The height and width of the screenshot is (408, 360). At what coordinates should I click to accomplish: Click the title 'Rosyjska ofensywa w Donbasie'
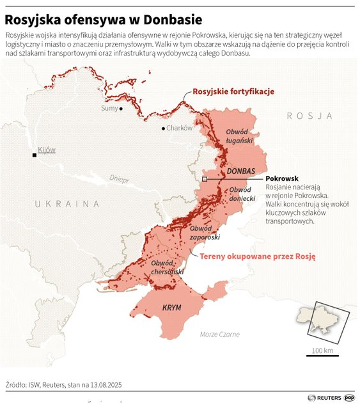(x=104, y=19)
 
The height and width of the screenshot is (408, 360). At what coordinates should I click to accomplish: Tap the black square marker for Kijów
(x=35, y=155)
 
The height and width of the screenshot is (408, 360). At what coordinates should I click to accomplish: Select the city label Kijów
(x=47, y=150)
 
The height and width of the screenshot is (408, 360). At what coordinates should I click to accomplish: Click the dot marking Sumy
(x=121, y=109)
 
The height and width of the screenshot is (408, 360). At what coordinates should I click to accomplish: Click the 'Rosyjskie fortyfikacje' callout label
(x=233, y=91)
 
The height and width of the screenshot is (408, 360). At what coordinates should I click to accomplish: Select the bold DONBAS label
(x=241, y=171)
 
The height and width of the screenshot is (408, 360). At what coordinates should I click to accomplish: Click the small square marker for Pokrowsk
(x=204, y=180)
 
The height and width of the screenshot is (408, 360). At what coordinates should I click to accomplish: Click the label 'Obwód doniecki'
(x=242, y=194)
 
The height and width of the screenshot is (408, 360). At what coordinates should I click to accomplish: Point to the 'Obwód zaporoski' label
(x=205, y=232)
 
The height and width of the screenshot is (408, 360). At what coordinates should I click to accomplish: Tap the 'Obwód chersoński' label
(x=168, y=268)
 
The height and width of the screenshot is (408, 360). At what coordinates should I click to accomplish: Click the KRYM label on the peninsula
(x=171, y=308)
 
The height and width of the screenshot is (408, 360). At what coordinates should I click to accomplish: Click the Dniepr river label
(x=119, y=179)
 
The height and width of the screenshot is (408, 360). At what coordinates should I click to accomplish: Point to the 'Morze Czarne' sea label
(x=219, y=334)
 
